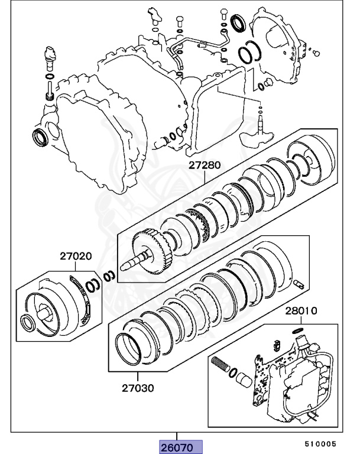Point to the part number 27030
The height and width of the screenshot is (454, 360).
pyautogui.click(x=138, y=388)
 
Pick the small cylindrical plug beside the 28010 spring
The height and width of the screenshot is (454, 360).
pyautogui.click(x=243, y=381)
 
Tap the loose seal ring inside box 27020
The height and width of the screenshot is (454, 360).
pyautogui.click(x=27, y=323)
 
